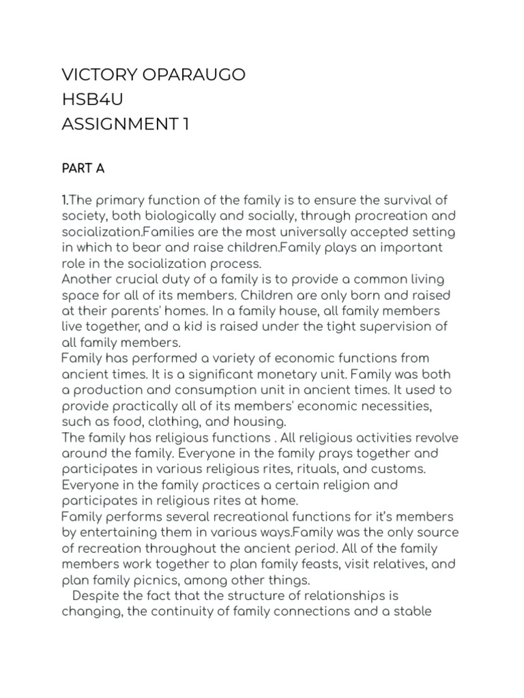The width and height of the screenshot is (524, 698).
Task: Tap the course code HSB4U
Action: click(93, 100)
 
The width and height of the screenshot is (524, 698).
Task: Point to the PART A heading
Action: click(83, 169)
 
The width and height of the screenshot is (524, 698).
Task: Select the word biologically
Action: click(170, 215)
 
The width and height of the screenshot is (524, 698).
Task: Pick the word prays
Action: click(305, 454)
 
